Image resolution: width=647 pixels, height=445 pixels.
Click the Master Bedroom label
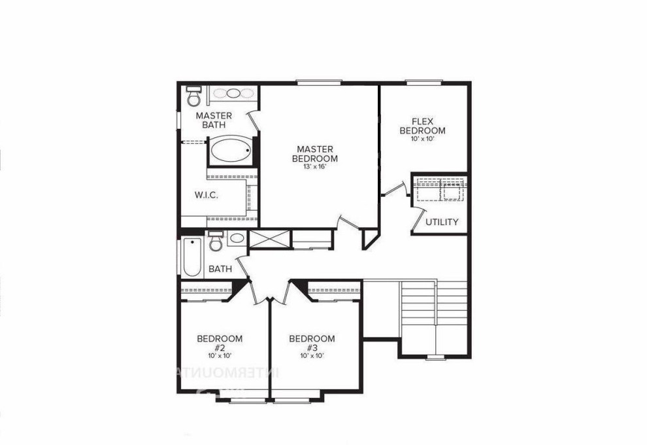[x=314, y=154]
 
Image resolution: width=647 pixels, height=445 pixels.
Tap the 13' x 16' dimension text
[x=314, y=167]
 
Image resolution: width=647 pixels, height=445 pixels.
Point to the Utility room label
[x=442, y=222]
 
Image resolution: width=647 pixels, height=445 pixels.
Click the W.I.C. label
[x=206, y=196]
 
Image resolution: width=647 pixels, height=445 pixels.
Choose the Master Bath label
[x=213, y=120]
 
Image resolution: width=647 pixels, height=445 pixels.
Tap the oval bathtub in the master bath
[x=230, y=151]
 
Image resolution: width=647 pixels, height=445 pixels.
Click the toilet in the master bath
[x=193, y=97]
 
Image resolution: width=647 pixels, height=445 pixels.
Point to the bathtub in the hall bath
[x=192, y=258]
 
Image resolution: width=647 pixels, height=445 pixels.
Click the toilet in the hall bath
[x=215, y=241]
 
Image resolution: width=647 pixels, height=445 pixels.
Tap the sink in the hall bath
[x=236, y=238]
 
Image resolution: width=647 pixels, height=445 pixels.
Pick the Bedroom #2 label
[x=220, y=343]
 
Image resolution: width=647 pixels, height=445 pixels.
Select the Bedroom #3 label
[x=312, y=343]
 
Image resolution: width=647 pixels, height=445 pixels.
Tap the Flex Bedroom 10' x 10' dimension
[x=423, y=139]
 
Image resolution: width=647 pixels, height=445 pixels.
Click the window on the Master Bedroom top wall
[x=318, y=82]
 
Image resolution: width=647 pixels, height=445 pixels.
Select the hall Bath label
[x=220, y=269]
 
